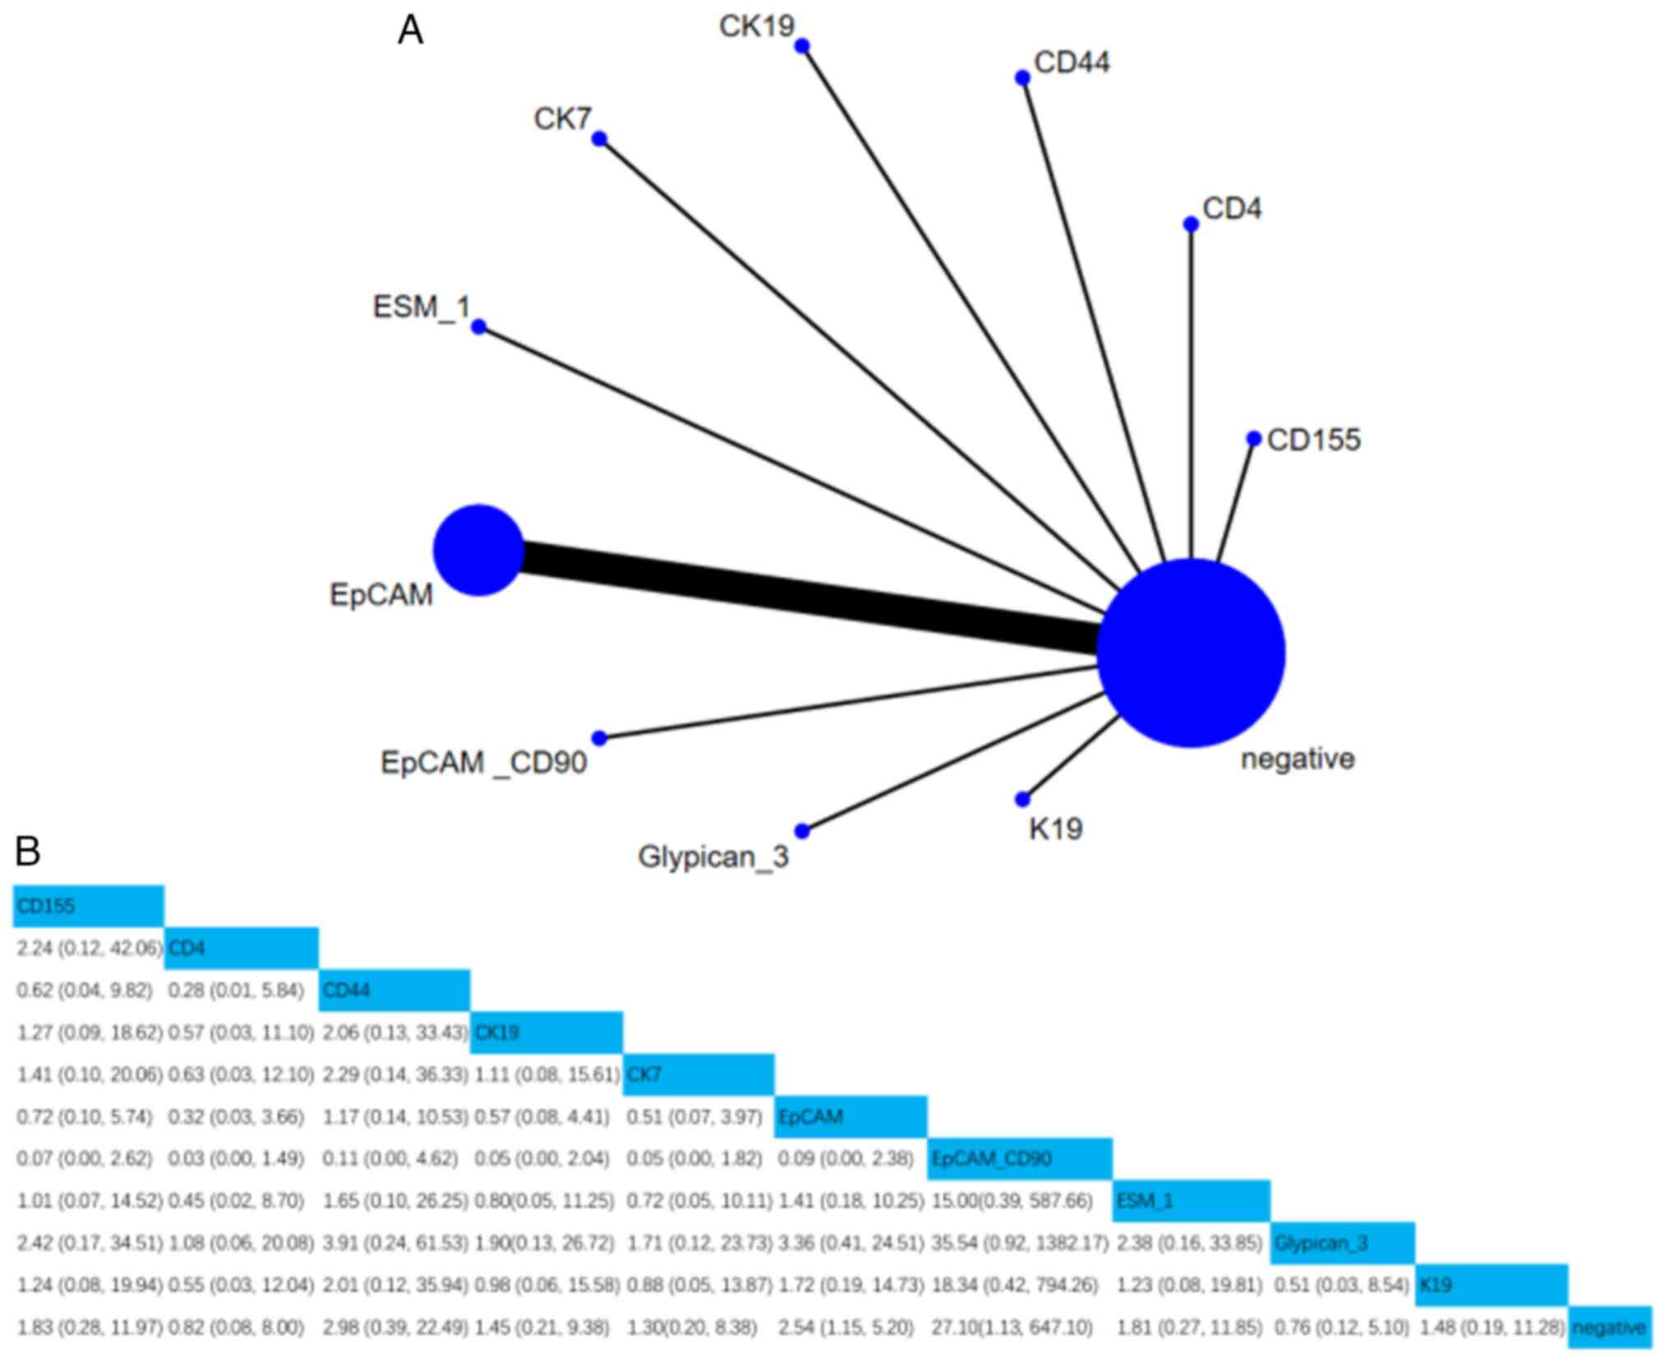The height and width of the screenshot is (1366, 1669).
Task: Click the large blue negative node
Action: click(x=1191, y=653)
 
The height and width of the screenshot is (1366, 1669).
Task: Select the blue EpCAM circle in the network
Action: click(x=478, y=550)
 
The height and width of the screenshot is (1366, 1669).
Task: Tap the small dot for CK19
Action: click(x=802, y=46)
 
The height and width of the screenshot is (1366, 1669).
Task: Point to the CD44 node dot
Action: click(x=1022, y=78)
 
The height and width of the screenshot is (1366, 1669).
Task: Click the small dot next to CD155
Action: click(x=1253, y=439)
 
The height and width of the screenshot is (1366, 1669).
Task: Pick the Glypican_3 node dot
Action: click(x=802, y=831)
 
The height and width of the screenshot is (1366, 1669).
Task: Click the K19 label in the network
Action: click(x=1055, y=828)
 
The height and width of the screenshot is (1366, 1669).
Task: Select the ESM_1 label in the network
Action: click(x=422, y=307)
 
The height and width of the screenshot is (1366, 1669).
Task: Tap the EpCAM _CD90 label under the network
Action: click(x=483, y=763)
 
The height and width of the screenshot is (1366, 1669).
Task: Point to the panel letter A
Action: click(x=410, y=31)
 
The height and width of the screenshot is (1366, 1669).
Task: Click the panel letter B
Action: click(x=27, y=851)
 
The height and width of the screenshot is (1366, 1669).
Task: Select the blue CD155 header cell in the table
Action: click(x=88, y=907)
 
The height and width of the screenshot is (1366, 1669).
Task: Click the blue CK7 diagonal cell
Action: click(x=698, y=1074)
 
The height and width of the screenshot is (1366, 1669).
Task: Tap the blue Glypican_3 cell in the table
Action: click(x=1343, y=1243)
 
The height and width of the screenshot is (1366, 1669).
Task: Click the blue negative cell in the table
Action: click(x=1609, y=1327)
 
